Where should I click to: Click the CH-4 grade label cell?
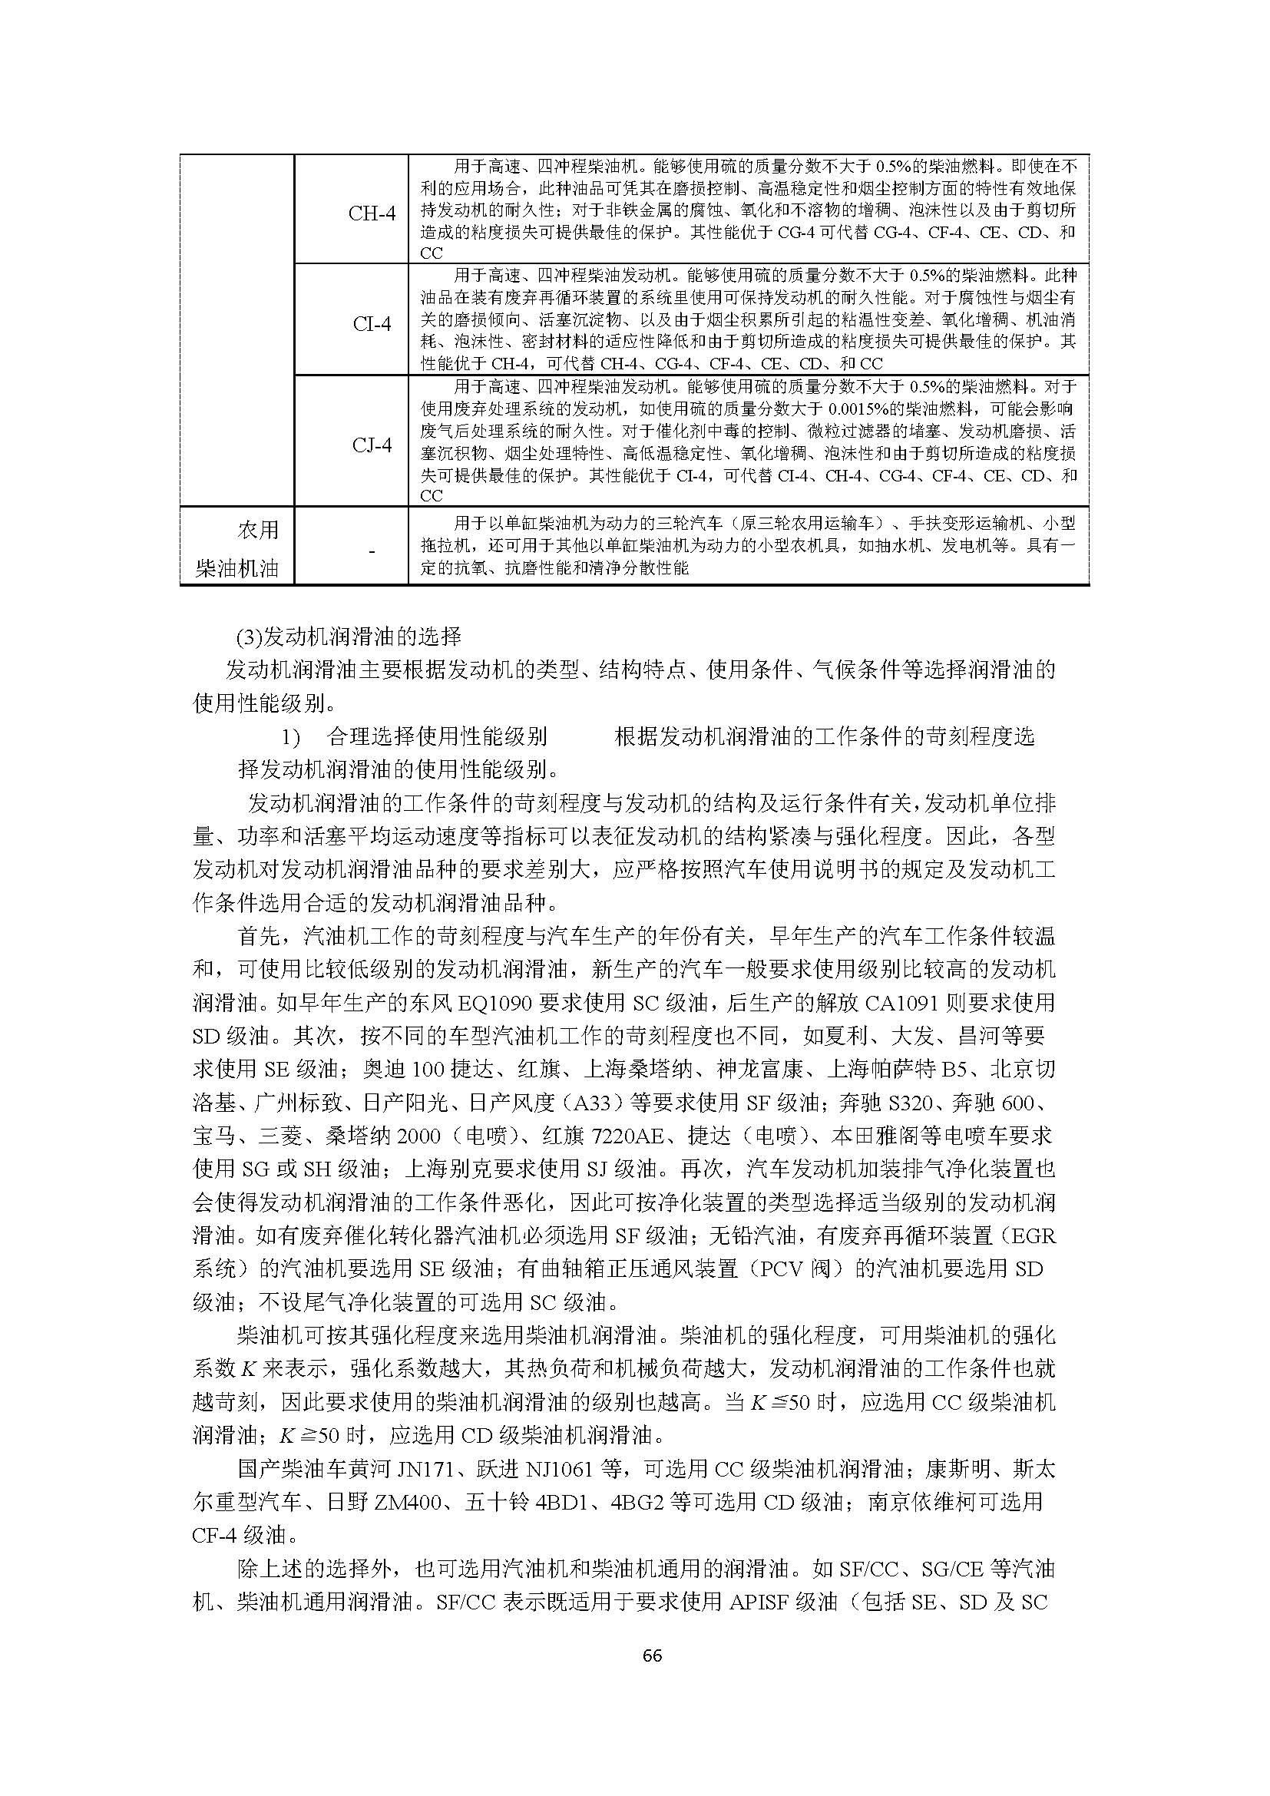372,213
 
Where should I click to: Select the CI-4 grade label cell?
372,324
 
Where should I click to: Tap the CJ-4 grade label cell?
372,445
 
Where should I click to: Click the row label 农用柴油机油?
237,548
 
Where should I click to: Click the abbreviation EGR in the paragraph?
1034,1237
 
